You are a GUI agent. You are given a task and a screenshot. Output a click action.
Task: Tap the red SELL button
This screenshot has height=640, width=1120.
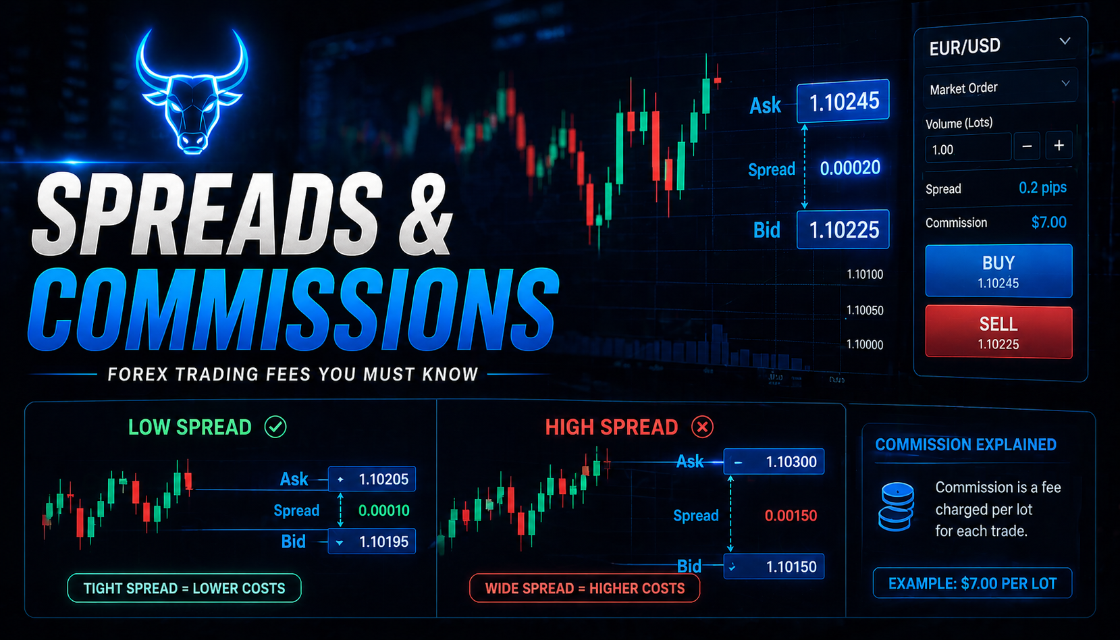pyautogui.click(x=998, y=332)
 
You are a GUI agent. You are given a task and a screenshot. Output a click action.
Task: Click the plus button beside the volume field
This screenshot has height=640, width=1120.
pyautogui.click(x=1059, y=146)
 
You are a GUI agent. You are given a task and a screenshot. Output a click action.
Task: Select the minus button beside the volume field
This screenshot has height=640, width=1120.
pyautogui.click(x=1027, y=146)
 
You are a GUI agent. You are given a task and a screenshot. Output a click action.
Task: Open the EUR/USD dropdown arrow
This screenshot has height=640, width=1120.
pyautogui.click(x=1065, y=42)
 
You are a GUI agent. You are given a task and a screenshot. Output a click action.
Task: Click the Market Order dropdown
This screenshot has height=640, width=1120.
pyautogui.click(x=999, y=88)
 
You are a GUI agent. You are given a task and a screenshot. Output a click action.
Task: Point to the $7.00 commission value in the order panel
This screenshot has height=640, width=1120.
pyautogui.click(x=1048, y=222)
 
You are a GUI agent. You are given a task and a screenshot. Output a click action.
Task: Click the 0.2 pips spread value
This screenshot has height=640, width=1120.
pyautogui.click(x=1042, y=188)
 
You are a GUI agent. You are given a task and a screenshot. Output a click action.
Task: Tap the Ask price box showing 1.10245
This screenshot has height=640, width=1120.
pyautogui.click(x=843, y=102)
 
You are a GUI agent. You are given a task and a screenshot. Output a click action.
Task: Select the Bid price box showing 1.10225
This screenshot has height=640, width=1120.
pyautogui.click(x=843, y=230)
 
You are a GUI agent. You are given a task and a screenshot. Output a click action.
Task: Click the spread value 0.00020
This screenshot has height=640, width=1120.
pyautogui.click(x=850, y=167)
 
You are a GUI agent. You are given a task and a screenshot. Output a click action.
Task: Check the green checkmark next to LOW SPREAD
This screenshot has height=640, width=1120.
pyautogui.click(x=275, y=427)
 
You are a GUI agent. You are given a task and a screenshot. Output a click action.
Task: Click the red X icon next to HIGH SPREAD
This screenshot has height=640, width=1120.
pyautogui.click(x=702, y=427)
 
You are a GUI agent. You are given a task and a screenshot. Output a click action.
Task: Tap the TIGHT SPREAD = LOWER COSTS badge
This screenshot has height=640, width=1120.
pyautogui.click(x=184, y=588)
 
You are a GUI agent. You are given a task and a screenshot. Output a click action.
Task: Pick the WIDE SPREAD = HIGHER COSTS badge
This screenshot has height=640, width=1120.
pyautogui.click(x=585, y=588)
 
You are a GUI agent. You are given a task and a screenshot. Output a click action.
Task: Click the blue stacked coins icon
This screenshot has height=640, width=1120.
pyautogui.click(x=896, y=506)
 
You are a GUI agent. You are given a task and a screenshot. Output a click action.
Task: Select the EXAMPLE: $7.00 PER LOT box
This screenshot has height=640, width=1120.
pyautogui.click(x=972, y=583)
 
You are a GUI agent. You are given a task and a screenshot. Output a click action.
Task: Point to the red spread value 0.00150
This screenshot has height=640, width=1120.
pyautogui.click(x=791, y=516)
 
